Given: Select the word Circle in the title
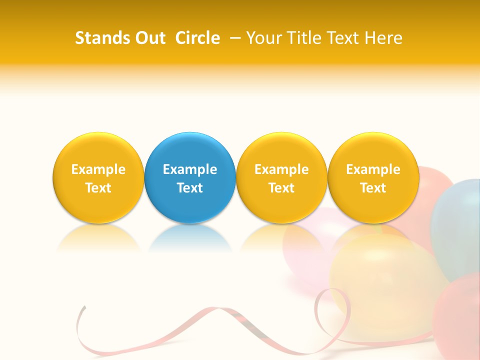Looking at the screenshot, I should (197, 38).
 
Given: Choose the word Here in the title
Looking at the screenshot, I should (383, 38).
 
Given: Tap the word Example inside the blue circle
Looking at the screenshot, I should (190, 169).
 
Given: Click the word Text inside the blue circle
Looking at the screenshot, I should (190, 188).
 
